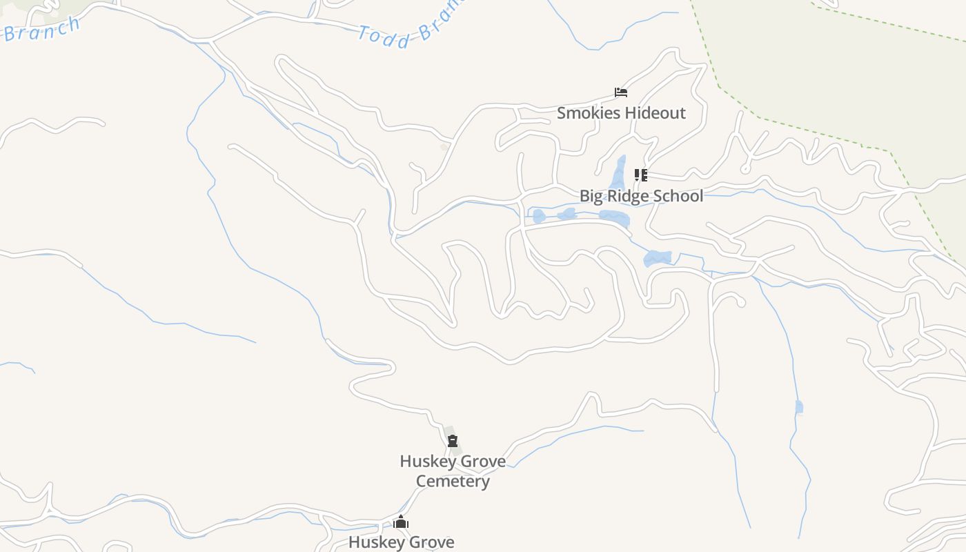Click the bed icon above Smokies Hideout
621,92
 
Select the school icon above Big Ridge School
641,175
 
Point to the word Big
591,196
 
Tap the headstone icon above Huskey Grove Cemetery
453,441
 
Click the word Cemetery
453,481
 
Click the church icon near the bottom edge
401,522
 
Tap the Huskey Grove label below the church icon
401,542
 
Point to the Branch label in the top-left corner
43,29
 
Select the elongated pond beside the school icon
618,172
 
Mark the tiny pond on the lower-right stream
799,407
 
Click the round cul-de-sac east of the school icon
745,169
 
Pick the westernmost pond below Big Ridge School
539,216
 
